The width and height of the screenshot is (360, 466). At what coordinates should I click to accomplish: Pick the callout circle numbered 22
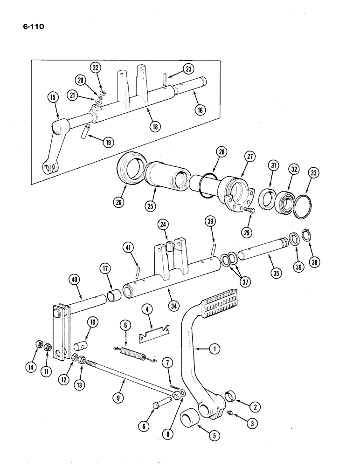tap(96, 68)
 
